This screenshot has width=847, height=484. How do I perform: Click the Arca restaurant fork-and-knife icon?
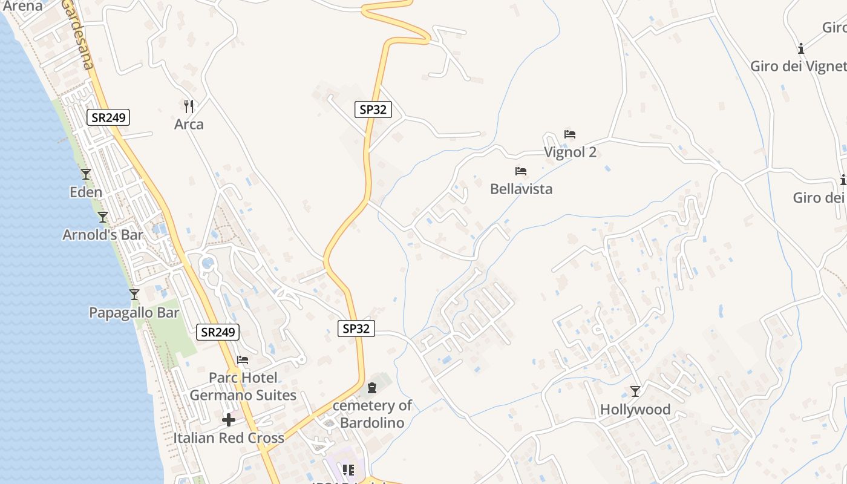tap(189, 106)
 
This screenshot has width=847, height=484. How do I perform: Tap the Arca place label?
tap(189, 125)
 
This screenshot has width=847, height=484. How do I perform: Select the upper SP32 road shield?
tap(373, 110)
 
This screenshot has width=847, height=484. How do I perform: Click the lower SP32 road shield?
tap(356, 329)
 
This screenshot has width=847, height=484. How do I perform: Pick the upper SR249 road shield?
tap(108, 117)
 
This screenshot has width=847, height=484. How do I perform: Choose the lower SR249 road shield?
tap(218, 332)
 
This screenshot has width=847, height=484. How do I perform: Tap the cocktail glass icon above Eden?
tap(86, 174)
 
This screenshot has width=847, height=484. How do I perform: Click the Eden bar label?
tap(86, 192)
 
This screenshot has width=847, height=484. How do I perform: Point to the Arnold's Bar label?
tap(103, 235)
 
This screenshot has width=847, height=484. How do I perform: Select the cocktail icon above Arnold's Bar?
tap(103, 217)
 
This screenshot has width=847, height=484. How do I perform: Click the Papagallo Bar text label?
tap(134, 313)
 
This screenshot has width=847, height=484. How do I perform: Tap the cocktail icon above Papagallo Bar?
tap(134, 295)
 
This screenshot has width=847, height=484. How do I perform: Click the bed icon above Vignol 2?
tap(570, 134)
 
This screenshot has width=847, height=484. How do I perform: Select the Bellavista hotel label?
tap(521, 189)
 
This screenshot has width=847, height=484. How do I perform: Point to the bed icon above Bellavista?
tap(521, 171)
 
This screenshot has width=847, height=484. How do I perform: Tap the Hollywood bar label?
tap(635, 410)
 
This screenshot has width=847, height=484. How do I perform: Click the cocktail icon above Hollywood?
tap(635, 391)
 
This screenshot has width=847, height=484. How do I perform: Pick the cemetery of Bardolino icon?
tap(372, 387)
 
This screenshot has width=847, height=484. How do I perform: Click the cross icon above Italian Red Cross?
tap(229, 420)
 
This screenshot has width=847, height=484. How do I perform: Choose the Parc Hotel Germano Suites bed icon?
tap(243, 360)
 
